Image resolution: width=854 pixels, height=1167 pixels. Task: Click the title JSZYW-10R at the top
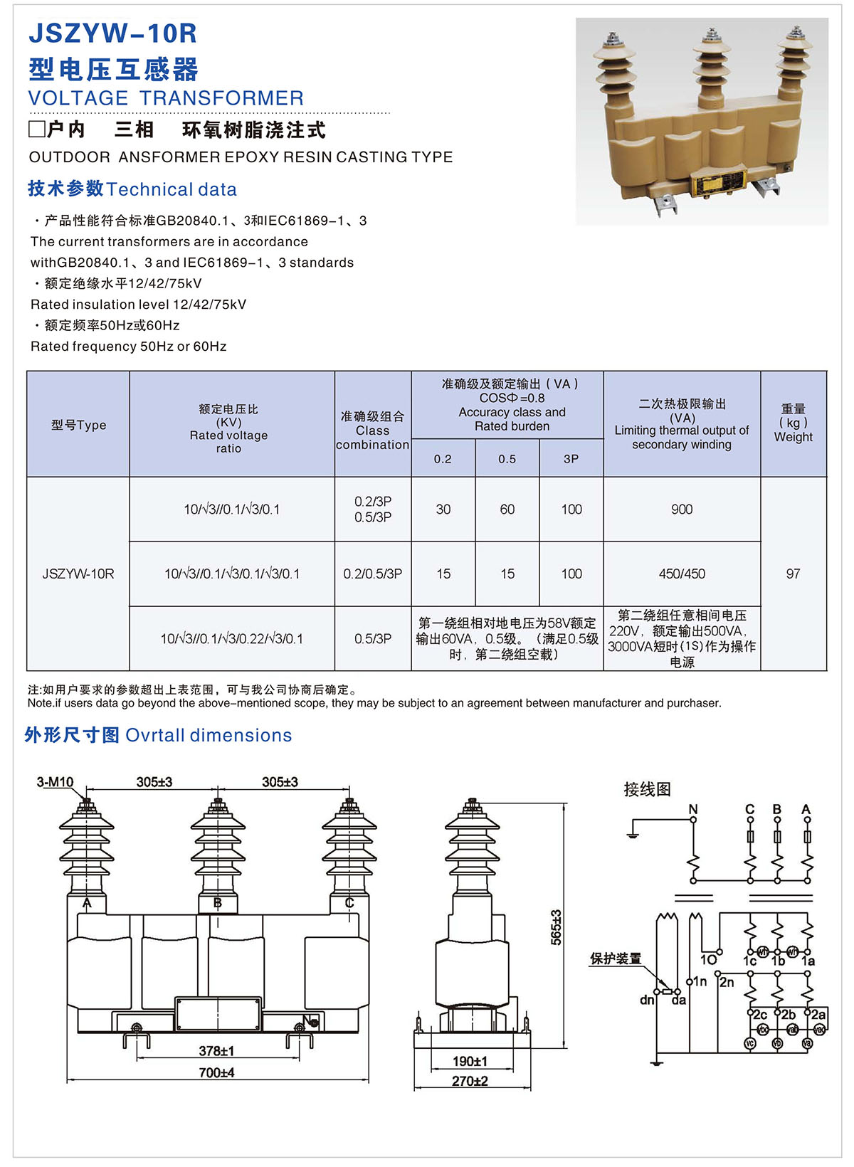(x=112, y=33)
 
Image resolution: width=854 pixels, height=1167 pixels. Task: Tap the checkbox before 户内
(x=36, y=130)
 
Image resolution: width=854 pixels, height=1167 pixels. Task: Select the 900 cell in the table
(x=681, y=509)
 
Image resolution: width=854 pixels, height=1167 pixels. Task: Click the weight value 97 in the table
(x=793, y=574)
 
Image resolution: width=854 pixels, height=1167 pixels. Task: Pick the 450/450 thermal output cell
(x=681, y=574)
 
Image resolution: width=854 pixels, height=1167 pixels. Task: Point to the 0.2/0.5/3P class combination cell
(x=372, y=574)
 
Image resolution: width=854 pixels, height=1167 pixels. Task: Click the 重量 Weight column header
(x=793, y=423)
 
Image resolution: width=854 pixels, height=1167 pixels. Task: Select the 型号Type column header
(x=78, y=425)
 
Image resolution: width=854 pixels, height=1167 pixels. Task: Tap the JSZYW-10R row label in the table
(x=78, y=574)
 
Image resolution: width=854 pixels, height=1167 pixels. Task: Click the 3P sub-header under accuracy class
(x=571, y=459)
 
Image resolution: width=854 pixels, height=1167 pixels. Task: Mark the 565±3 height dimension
(x=556, y=926)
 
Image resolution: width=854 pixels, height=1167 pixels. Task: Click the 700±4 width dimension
(x=216, y=1072)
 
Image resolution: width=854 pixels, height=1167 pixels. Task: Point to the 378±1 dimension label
(x=216, y=1051)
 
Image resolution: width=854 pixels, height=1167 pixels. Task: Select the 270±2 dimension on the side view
(x=470, y=1081)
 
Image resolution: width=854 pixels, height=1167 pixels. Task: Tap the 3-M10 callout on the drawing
(x=55, y=782)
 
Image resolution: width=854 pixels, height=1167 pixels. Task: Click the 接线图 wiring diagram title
(x=647, y=789)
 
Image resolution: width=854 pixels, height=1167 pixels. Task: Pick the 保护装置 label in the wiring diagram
(x=615, y=959)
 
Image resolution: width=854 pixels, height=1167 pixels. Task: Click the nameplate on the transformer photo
(x=719, y=184)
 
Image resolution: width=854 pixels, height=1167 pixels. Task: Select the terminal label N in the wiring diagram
(x=693, y=809)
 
